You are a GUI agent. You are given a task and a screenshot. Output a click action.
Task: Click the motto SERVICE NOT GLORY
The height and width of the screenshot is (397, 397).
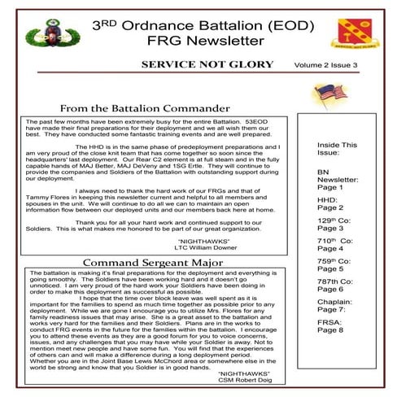click(x=204, y=63)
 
